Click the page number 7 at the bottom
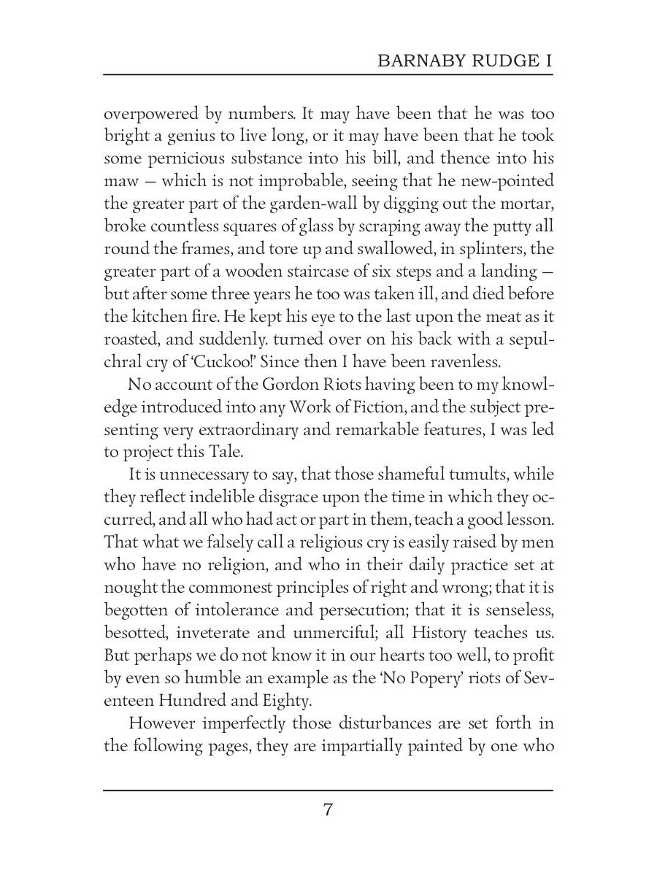point(328,810)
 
